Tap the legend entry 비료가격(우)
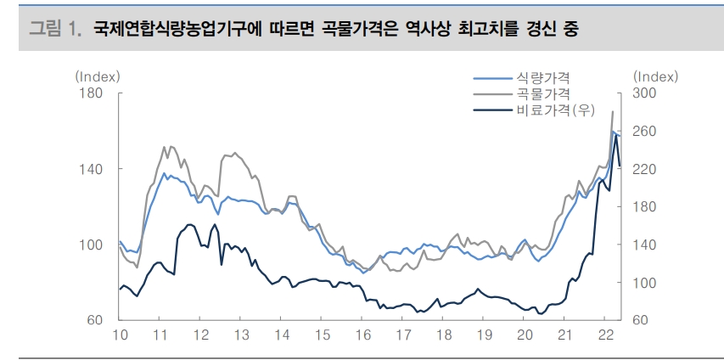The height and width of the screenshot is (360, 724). [553, 110]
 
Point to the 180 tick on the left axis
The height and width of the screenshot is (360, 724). [91, 93]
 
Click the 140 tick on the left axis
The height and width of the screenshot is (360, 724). [91, 169]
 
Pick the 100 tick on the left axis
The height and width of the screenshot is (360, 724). [91, 245]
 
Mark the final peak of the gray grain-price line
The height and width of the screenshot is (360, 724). [613, 111]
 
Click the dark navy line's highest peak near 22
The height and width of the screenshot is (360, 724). [616, 136]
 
